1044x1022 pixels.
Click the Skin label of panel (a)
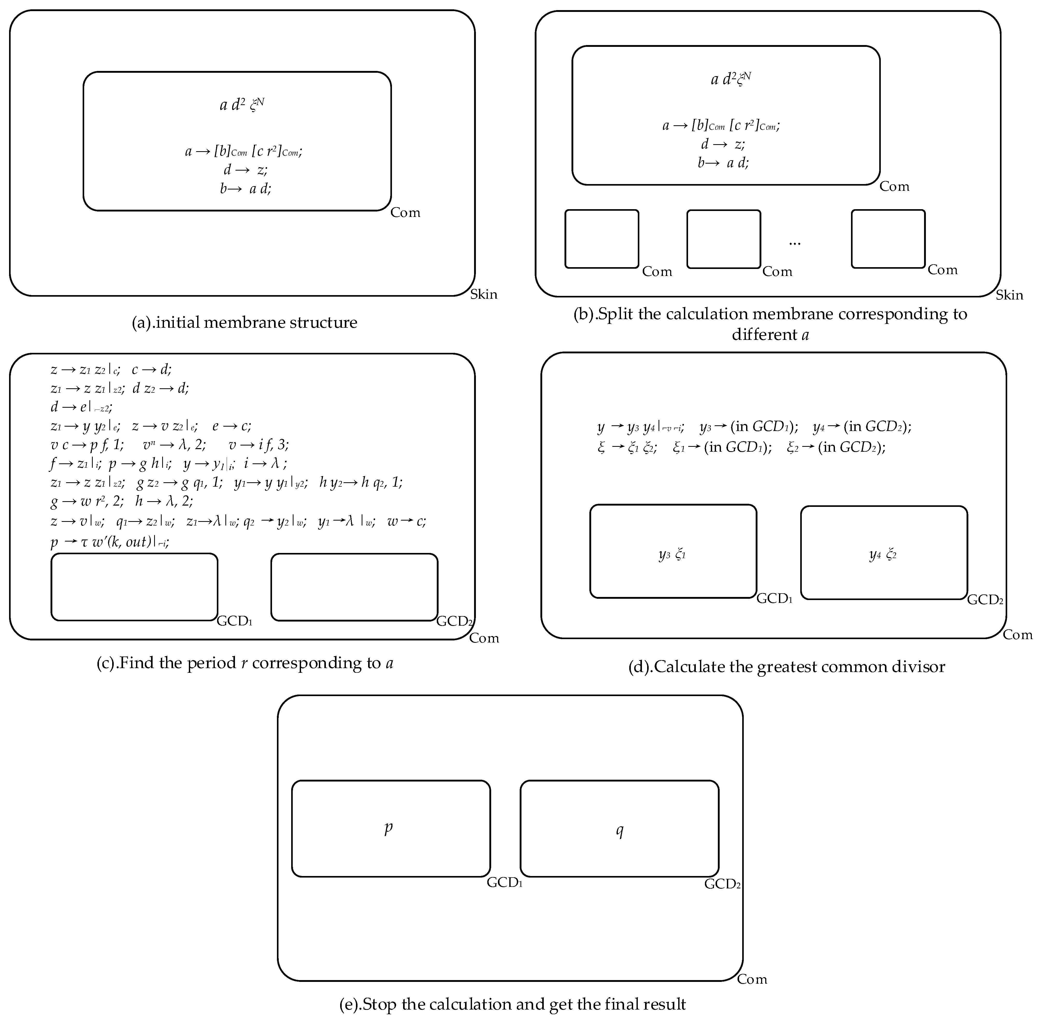(x=483, y=294)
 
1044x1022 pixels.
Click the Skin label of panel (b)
(x=1009, y=295)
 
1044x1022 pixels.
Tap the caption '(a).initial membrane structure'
(x=244, y=323)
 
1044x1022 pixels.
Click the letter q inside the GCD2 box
(x=619, y=830)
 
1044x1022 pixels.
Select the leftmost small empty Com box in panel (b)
(x=602, y=239)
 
